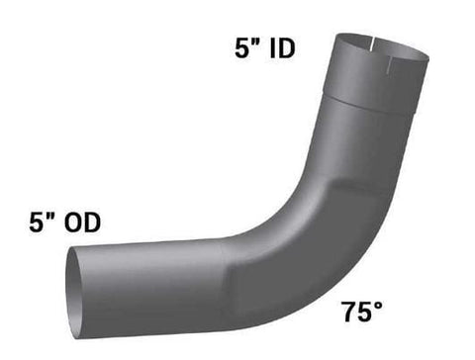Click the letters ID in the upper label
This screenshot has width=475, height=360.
[282, 48]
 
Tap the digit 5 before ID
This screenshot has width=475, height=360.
[241, 48]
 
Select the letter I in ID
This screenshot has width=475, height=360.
[272, 48]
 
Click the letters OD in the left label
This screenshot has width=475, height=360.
[82, 223]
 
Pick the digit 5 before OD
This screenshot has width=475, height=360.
[36, 223]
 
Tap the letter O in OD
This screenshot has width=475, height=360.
[73, 223]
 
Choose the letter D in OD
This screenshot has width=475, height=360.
[93, 223]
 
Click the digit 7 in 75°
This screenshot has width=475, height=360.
[349, 312]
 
